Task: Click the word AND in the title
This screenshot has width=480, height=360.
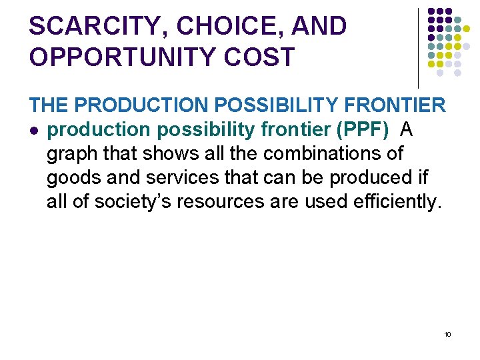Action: (319, 27)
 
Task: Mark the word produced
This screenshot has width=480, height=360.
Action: (367, 177)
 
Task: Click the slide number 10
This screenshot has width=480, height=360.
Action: (447, 334)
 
